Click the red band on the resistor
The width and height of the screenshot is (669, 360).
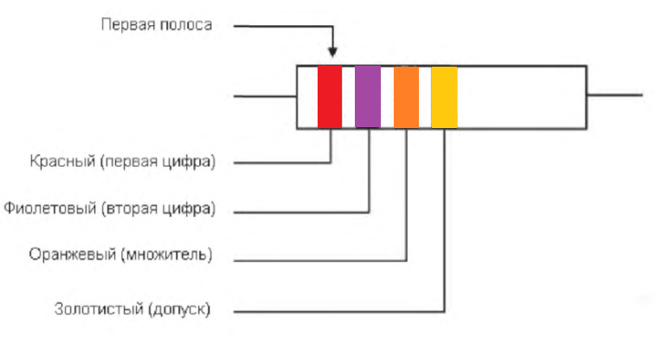330,97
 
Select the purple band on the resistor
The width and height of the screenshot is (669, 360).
368,97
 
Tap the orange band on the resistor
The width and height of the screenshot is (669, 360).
406,97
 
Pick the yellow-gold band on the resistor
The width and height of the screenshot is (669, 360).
444,97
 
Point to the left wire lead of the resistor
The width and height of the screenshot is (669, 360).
265,96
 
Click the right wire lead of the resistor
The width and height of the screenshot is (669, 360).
614,94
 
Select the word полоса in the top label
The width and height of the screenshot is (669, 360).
185,24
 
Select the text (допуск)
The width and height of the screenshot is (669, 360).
180,308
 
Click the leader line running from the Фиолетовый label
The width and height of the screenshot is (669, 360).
294,210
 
